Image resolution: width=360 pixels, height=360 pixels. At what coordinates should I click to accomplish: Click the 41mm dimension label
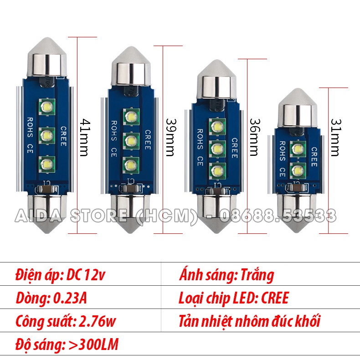(x=83, y=137)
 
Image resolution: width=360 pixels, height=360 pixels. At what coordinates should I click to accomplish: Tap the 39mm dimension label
(x=170, y=137)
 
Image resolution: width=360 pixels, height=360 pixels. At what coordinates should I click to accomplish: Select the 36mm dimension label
(x=253, y=137)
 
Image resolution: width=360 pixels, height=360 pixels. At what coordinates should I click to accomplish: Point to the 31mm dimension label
(x=335, y=137)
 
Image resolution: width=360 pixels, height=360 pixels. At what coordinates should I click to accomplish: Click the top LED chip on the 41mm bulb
(x=47, y=107)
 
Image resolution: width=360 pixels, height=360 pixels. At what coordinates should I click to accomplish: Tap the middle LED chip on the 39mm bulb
(x=131, y=139)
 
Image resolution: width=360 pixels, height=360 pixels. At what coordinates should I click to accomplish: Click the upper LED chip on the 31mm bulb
(x=298, y=149)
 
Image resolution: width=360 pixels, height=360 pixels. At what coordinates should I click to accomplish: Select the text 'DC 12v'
(x=88, y=275)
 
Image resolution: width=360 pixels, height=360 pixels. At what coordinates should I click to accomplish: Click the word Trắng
(x=258, y=275)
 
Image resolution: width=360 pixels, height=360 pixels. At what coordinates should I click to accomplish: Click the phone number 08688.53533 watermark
(x=278, y=215)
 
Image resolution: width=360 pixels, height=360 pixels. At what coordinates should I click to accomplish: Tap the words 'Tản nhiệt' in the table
(x=205, y=322)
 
